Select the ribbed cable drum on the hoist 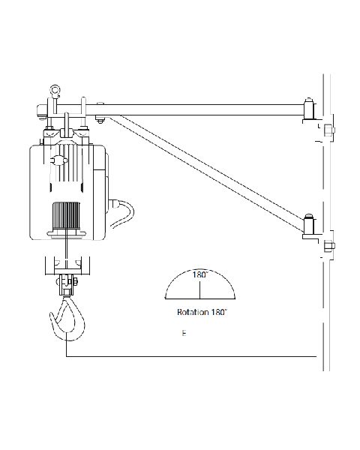[66, 215]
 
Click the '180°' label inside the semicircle [199, 274]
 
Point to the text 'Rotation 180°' [202, 312]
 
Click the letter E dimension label [184, 333]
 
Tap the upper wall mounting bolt [328, 130]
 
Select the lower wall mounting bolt [329, 247]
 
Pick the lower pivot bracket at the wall [310, 226]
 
